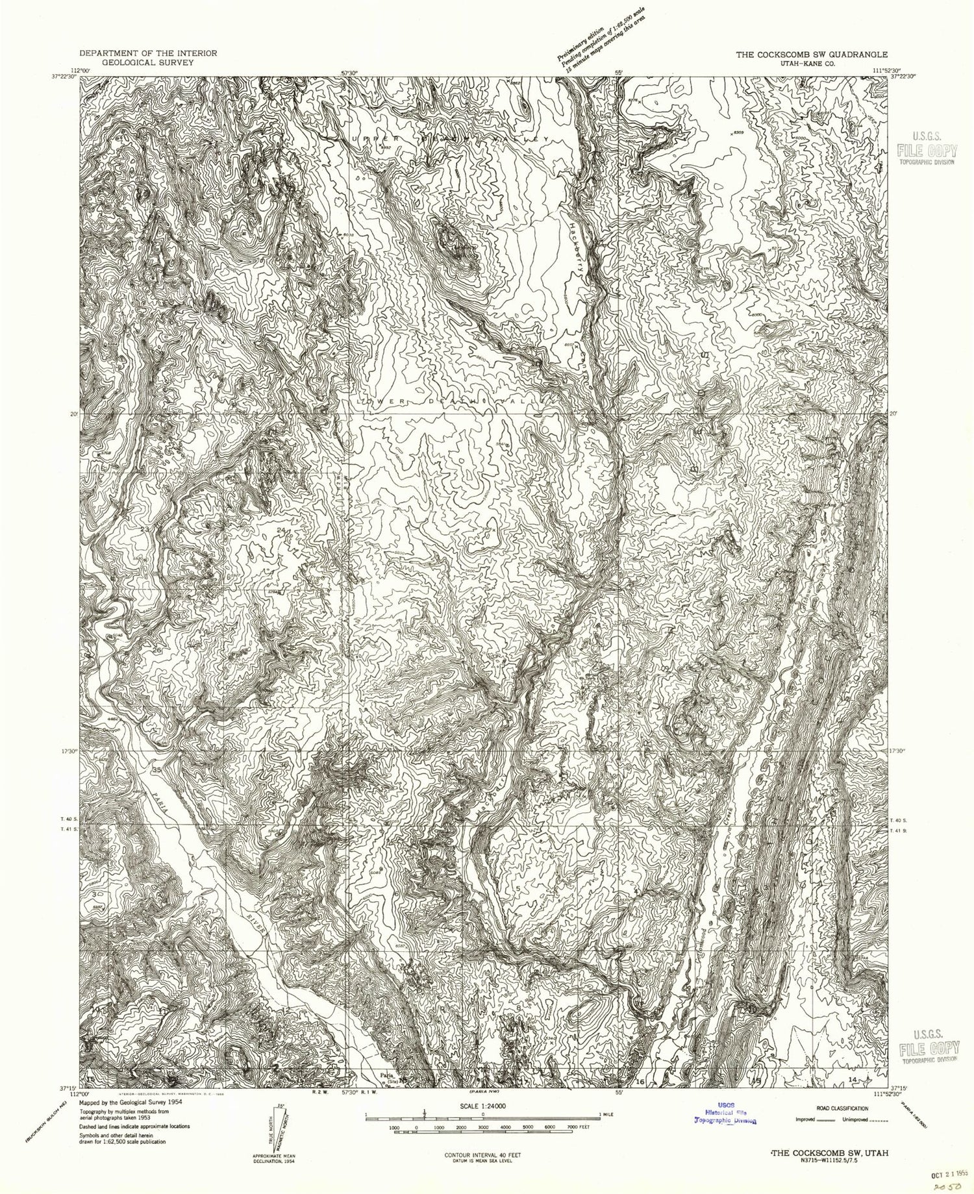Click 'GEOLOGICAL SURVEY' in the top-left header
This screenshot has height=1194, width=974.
(x=148, y=64)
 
